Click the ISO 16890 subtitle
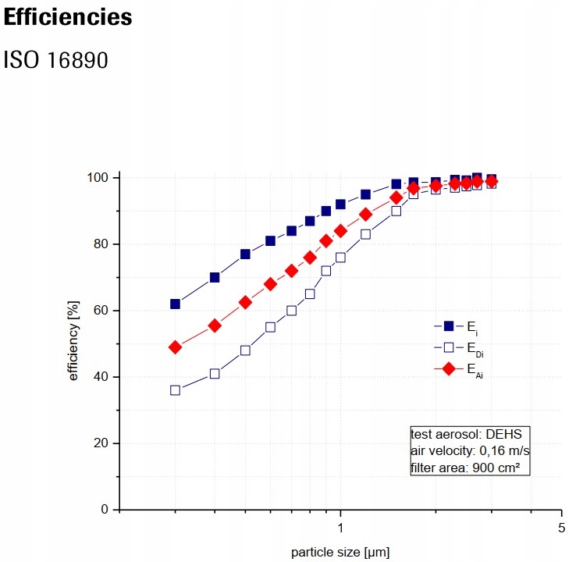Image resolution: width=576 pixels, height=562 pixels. click(56, 59)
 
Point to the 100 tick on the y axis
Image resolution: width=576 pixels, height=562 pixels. click(99, 178)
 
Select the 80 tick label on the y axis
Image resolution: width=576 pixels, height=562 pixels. click(102, 244)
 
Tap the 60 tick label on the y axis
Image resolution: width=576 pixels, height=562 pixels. click(102, 311)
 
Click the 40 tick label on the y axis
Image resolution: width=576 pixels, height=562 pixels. click(102, 377)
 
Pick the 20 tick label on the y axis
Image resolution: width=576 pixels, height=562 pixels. click(102, 443)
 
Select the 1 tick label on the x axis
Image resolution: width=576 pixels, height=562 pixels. click(340, 528)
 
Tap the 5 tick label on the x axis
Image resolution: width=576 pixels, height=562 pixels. click(561, 528)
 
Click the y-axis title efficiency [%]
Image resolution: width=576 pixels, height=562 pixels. click(74, 343)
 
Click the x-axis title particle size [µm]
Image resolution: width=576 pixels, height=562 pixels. click(340, 553)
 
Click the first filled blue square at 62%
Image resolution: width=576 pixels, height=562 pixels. click(175, 304)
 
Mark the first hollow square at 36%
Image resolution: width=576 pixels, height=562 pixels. click(175, 390)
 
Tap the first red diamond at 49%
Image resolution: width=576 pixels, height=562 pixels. click(175, 347)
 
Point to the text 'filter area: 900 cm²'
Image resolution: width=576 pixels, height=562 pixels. click(465, 468)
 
